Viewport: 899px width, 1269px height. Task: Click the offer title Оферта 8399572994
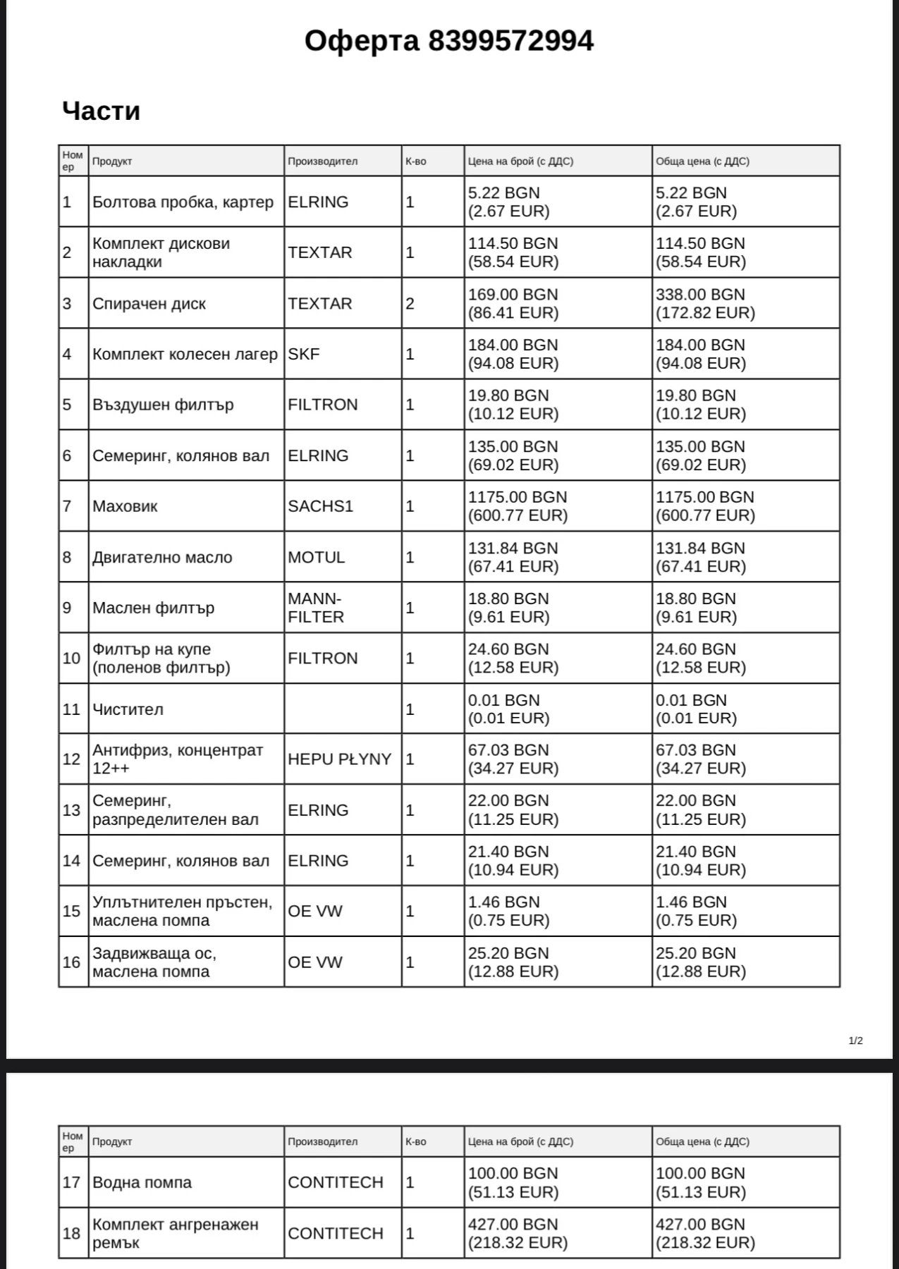(448, 41)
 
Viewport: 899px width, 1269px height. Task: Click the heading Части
(101, 111)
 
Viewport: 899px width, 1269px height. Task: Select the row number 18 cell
(72, 1233)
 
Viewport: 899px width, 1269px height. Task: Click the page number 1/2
(855, 1041)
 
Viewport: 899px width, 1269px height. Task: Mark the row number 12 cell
(72, 759)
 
